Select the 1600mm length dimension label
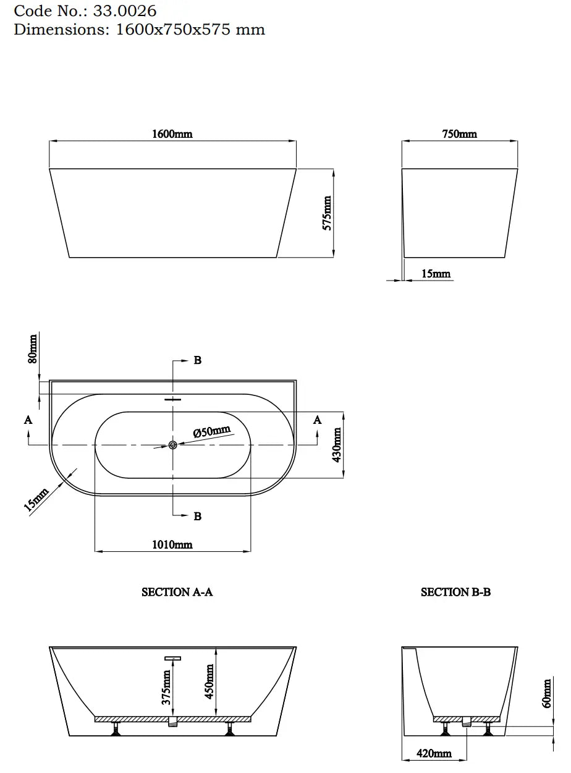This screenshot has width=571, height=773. (172, 134)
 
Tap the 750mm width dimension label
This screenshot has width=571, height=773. (459, 134)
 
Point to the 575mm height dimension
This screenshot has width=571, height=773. (328, 213)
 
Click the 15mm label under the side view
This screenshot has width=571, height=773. (436, 274)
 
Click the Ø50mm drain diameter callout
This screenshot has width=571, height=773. (211, 431)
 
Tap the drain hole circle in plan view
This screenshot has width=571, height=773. (173, 445)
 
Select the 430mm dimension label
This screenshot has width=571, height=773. (337, 445)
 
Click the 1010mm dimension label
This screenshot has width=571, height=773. (172, 544)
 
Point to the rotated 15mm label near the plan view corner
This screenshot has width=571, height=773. (36, 500)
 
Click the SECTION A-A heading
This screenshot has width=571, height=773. (177, 592)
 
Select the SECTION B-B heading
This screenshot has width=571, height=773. (455, 592)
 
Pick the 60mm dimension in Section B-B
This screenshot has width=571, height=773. (546, 694)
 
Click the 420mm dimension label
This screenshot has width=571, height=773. (434, 753)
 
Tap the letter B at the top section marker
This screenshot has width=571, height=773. (198, 360)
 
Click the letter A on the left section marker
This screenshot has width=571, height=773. (28, 420)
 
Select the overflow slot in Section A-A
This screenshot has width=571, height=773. (173, 659)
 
